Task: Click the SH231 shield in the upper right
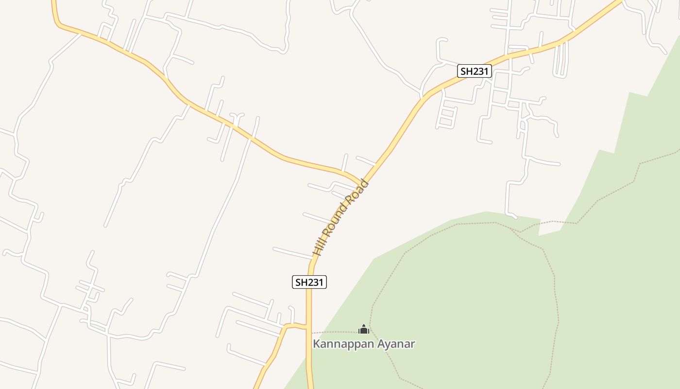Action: point(475,71)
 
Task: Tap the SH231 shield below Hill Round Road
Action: point(309,282)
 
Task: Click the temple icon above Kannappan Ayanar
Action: point(363,329)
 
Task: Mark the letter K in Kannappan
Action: point(316,344)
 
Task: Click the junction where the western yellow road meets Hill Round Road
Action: point(362,184)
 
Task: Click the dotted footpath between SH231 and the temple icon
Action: point(335,332)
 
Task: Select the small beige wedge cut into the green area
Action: point(549,228)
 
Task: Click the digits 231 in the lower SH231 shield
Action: point(315,282)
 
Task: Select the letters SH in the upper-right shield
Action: point(466,71)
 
